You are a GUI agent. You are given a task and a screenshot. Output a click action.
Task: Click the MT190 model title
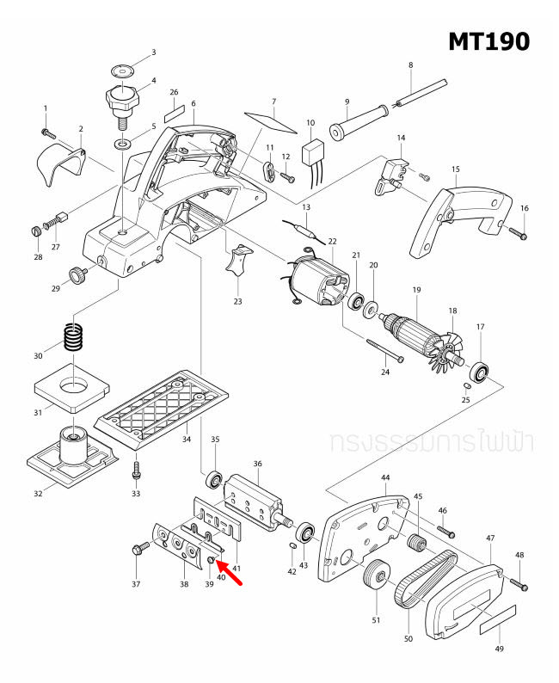[x=488, y=40]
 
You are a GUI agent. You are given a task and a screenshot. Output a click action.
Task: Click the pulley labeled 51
[x=373, y=576]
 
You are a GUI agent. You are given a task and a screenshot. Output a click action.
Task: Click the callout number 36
[x=256, y=465]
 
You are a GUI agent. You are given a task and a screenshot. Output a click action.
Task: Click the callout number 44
[x=384, y=477]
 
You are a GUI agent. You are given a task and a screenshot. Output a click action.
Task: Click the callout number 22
[x=332, y=242]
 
